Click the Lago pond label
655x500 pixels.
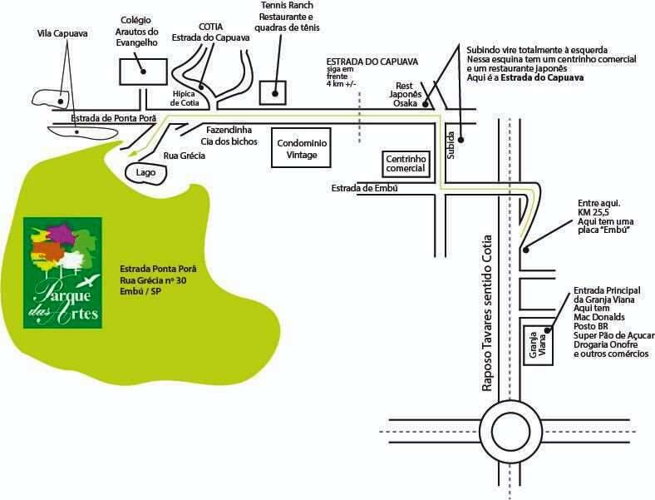tap(145, 173)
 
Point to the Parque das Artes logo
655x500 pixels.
tap(62, 273)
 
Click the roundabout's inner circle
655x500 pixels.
tap(510, 431)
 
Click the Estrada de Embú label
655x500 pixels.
tap(364, 188)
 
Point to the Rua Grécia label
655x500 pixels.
tap(185, 156)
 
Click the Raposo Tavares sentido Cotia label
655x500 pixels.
tap(486, 313)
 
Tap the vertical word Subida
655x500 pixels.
tap(451, 145)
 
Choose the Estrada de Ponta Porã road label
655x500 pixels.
tap(113, 118)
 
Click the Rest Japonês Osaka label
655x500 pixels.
tap(405, 95)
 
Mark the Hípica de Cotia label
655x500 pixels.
tap(185, 98)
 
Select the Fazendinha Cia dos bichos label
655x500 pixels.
tap(229, 136)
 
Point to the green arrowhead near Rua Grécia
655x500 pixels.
tap(133, 154)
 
